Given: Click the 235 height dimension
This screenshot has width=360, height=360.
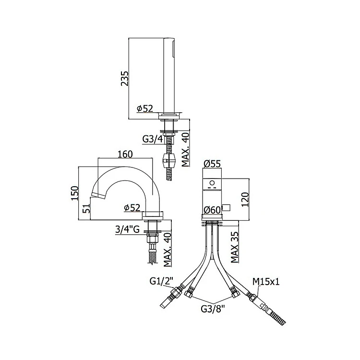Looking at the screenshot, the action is click(x=125, y=78).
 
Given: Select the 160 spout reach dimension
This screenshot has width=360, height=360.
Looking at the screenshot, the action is click(x=125, y=154).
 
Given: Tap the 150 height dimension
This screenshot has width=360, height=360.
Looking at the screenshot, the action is click(x=74, y=193).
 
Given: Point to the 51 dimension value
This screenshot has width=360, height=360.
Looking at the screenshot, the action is click(x=86, y=208).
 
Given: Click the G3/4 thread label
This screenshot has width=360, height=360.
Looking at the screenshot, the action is click(x=153, y=139).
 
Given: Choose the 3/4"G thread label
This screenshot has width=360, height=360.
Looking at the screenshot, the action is click(x=127, y=229).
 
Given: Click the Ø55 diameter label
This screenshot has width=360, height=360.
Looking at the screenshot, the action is click(x=212, y=164).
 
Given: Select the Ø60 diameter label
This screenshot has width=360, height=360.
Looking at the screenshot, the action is click(x=212, y=210).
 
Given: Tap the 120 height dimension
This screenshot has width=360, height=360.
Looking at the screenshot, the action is click(x=245, y=200).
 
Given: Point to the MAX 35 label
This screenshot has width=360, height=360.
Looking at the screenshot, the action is click(x=234, y=247).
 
